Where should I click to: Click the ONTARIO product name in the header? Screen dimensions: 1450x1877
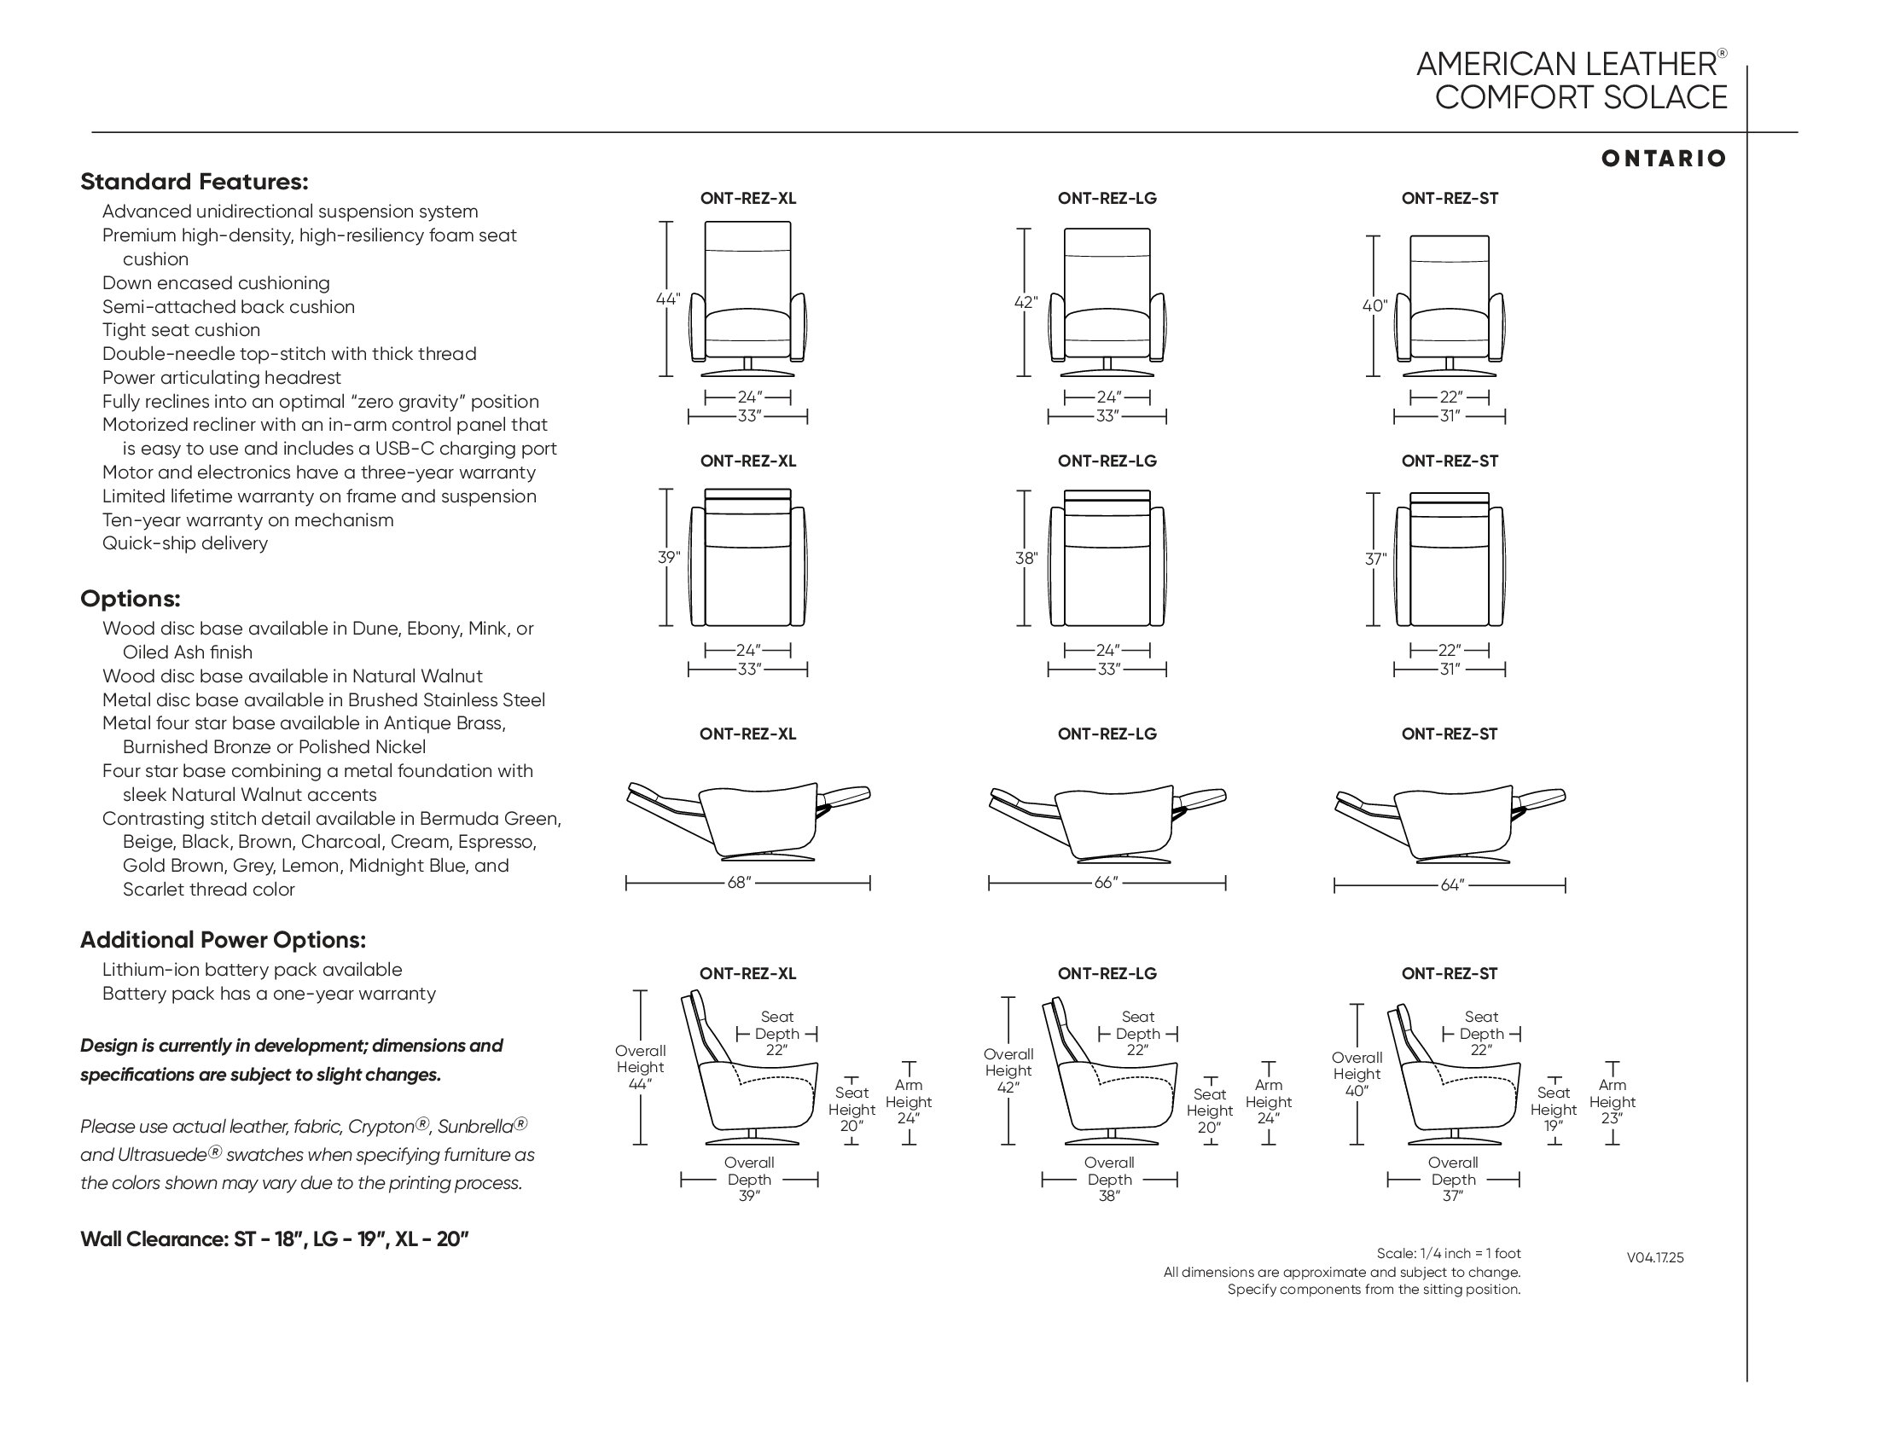1663,159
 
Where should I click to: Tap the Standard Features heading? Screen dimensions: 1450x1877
195,183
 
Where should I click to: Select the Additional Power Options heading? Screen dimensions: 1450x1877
223,940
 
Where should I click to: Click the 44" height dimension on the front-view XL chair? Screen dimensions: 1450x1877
667,299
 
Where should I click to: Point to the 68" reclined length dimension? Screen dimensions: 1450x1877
739,883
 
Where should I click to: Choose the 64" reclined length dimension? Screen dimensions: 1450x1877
1451,884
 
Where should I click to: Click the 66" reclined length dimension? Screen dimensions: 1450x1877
1105,883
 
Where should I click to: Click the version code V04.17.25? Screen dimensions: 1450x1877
1654,1257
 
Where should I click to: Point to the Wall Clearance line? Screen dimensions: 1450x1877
274,1239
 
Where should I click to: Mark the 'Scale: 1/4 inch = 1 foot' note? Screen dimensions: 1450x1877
1448,1253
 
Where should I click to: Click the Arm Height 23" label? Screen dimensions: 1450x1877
1612,1102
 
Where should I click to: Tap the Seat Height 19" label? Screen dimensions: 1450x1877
1553,1109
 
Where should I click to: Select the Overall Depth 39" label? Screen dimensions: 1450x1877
748,1179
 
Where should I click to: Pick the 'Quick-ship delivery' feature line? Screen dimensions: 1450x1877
185,544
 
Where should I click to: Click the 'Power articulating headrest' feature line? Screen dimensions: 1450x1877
221,378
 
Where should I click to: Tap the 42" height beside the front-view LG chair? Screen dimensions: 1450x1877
1026,303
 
